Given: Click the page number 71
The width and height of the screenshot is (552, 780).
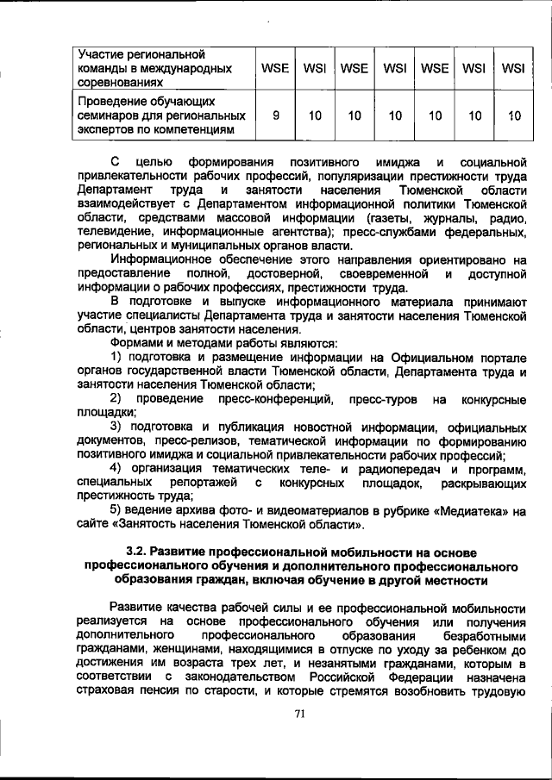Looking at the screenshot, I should (x=300, y=713).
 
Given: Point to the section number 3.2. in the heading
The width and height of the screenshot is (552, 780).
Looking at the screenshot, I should (x=139, y=551).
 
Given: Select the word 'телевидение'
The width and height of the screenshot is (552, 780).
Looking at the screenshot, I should (x=110, y=231).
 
